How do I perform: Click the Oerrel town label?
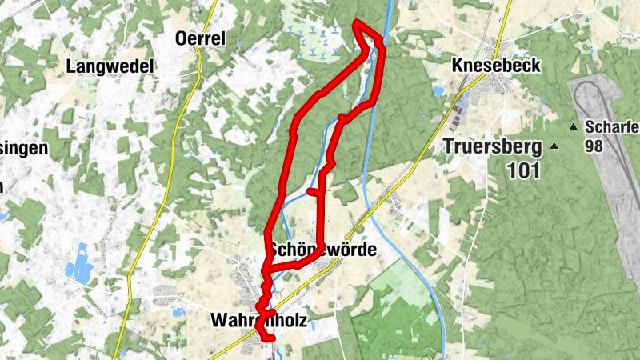[201, 38]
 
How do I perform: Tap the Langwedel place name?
[110, 66]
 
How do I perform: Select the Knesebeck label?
[496, 66]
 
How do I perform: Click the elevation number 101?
[523, 170]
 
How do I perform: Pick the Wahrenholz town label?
[258, 320]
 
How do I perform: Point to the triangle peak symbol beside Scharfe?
[574, 127]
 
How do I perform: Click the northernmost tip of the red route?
[356, 22]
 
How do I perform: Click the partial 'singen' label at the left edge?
[24, 148]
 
